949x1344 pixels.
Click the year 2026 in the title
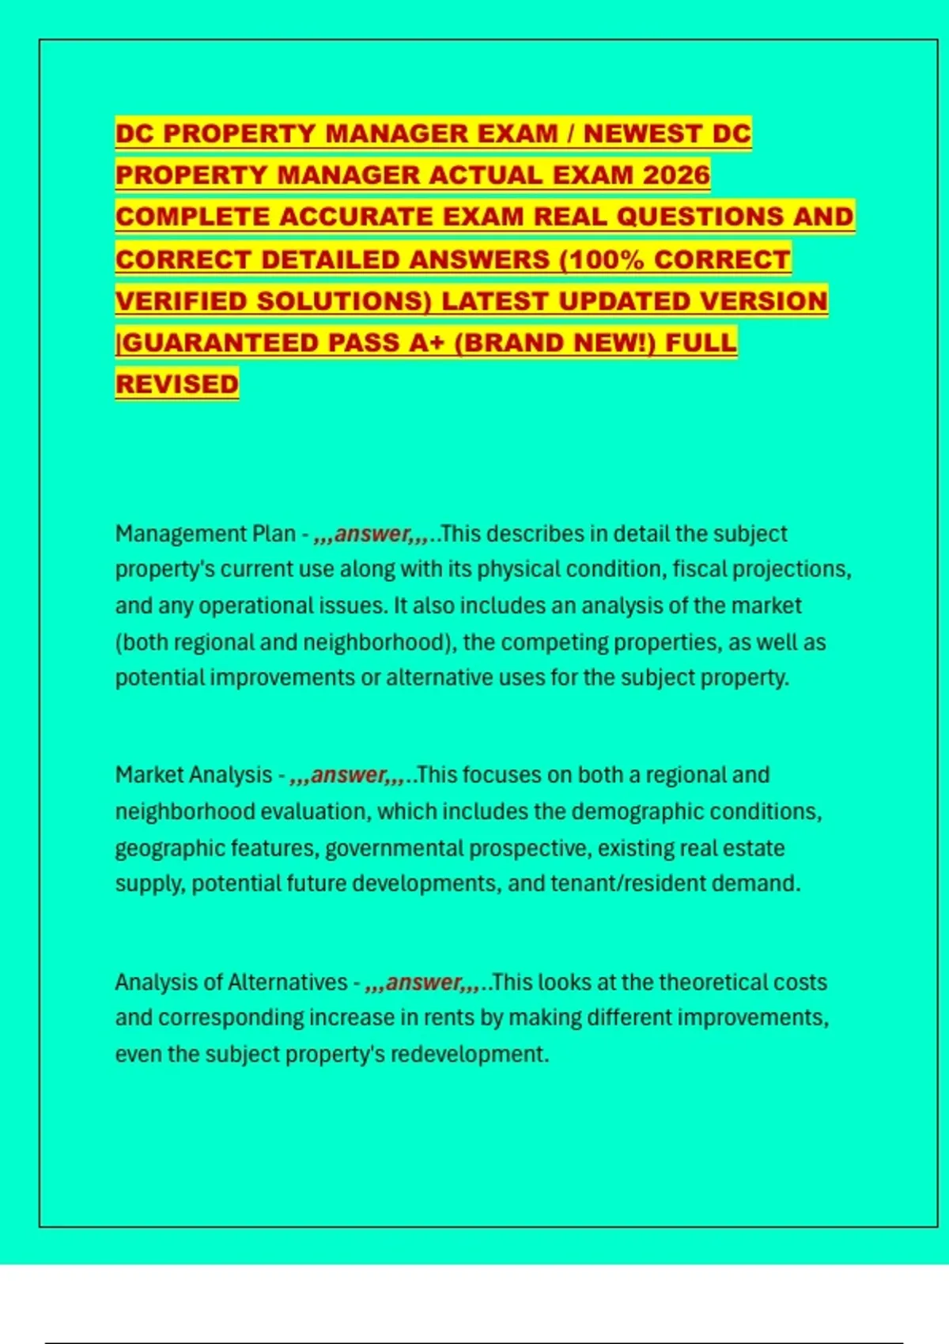click(676, 175)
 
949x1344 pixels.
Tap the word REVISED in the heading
click(176, 384)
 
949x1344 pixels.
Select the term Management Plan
click(206, 534)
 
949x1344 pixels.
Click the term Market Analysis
click(194, 775)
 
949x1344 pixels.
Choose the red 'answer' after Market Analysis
click(349, 775)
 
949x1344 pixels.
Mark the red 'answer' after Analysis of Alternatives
click(423, 983)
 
